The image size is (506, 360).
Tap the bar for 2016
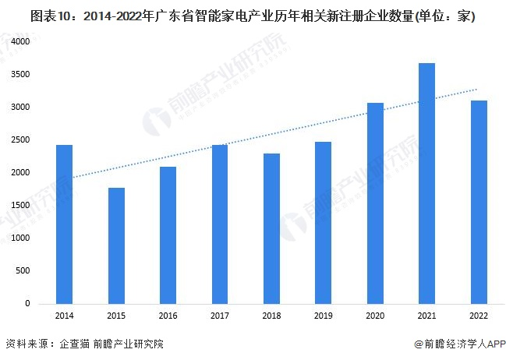[x=168, y=235]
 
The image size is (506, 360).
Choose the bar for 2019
[x=323, y=223]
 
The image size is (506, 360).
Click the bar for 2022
[x=478, y=202]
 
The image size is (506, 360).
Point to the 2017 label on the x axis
[x=219, y=316]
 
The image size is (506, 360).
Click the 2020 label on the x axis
[x=375, y=316]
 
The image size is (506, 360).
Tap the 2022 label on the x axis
[x=478, y=316]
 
